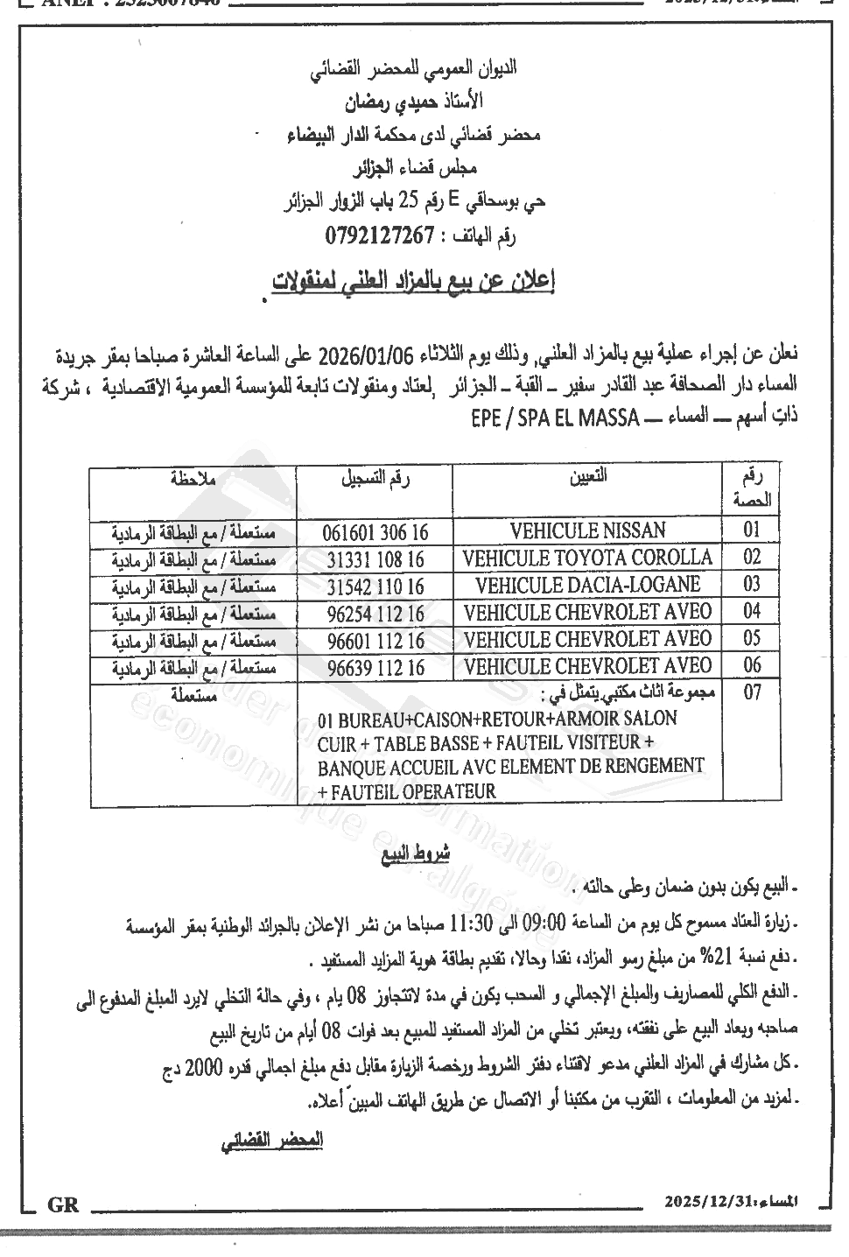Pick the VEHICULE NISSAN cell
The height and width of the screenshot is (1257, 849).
coord(587,530)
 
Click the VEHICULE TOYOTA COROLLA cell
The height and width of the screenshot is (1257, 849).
coord(587,558)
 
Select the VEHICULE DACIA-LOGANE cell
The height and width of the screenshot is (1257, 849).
coord(587,585)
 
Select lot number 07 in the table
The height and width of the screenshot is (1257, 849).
coord(752,693)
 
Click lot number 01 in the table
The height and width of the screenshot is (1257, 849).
coord(752,530)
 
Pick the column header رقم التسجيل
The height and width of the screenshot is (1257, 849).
coord(375,478)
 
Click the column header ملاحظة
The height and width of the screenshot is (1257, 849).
coord(193,478)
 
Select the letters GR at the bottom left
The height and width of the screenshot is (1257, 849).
coord(64,1205)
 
